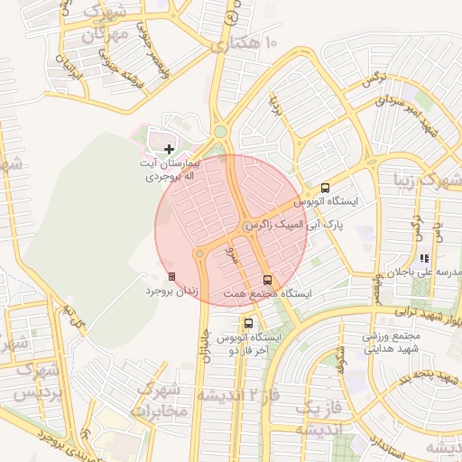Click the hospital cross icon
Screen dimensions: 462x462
tap(169, 148)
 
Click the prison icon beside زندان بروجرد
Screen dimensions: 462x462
tap(172, 276)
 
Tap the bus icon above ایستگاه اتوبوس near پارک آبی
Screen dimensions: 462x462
tap(325, 189)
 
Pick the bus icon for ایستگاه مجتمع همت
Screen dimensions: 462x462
tap(266, 280)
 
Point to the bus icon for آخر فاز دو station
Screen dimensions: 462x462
tap(248, 322)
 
